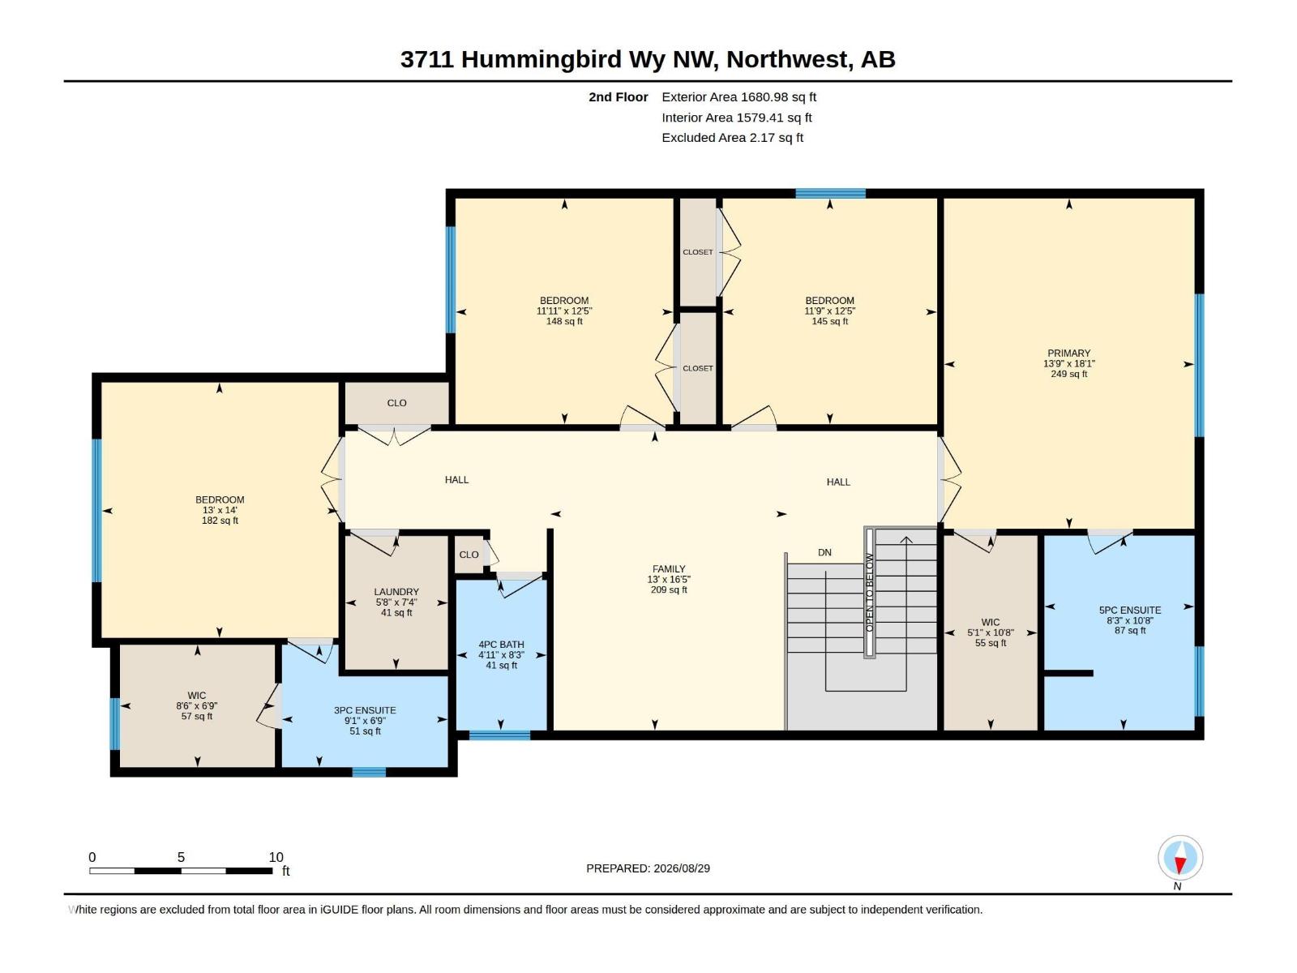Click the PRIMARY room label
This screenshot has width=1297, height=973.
1068,354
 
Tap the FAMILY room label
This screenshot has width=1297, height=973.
668,569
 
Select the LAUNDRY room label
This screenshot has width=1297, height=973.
396,592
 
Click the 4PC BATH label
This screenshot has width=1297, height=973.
501,645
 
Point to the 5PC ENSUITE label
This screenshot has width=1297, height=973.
1130,611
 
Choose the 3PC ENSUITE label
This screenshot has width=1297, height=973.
365,711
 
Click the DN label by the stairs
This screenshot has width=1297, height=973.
824,553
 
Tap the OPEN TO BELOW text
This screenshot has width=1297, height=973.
869,593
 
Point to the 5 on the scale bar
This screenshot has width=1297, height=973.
181,857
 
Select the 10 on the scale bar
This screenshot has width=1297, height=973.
276,857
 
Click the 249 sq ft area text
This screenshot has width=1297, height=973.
1068,374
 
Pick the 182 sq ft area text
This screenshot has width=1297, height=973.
220,521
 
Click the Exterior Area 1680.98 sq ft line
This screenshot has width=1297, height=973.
738,96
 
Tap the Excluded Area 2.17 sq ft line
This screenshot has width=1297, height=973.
732,138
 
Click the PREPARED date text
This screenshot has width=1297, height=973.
648,868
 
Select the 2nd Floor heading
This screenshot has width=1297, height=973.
618,96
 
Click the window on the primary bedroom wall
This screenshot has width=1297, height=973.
1199,365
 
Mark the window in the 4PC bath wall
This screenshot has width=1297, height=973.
500,735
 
